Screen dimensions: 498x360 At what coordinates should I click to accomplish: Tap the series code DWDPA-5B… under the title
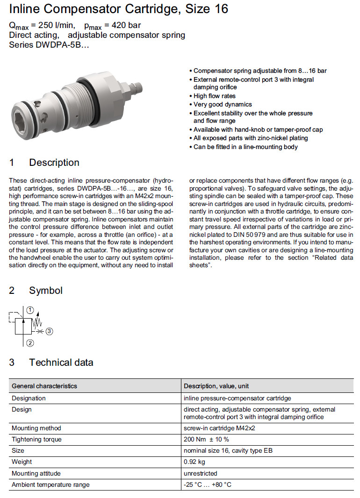[48, 45]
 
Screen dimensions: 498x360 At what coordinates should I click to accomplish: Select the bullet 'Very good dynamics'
[223, 105]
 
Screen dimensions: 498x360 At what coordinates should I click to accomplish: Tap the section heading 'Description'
[54, 163]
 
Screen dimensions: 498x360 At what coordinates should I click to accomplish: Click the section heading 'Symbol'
[46, 291]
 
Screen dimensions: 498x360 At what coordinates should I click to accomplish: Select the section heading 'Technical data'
[61, 363]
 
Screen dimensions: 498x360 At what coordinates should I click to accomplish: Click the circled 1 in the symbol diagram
[30, 310]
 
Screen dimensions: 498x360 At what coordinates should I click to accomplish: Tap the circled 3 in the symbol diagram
[50, 331]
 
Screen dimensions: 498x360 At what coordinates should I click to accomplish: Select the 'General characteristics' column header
[44, 386]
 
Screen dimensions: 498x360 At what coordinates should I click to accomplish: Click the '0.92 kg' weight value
[194, 462]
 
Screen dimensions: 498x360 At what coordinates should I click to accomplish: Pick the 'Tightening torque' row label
[36, 440]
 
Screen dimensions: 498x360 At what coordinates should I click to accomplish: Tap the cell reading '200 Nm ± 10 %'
[206, 440]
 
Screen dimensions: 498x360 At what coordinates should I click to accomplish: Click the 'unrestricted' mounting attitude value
[201, 473]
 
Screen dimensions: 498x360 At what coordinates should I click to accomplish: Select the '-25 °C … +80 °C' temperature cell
[208, 484]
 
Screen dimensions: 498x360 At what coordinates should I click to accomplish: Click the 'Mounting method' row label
[36, 428]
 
